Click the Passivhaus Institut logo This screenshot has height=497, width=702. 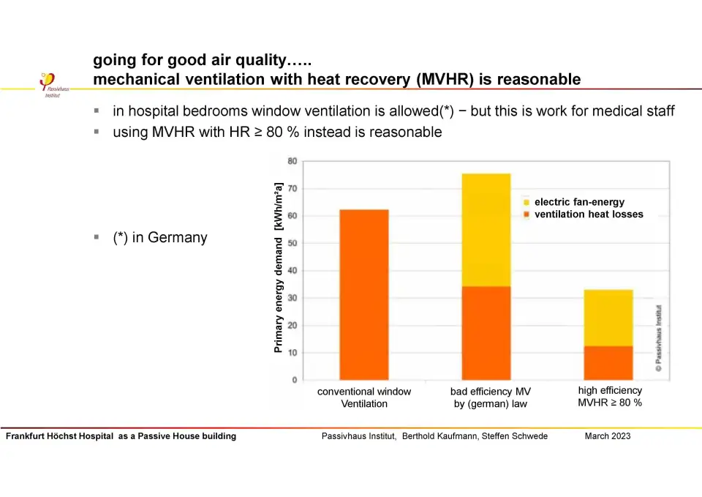51,84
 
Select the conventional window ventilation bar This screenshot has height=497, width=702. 364,294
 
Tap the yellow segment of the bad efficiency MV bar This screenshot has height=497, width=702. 486,230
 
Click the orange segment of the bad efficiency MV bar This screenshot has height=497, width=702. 486,333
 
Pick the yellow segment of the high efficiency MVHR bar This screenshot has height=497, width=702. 608,318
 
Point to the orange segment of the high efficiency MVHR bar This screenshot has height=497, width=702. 608,363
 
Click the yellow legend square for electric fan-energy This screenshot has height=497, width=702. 526,202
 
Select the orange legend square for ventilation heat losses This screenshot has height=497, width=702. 526,214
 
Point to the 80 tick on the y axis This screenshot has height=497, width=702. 292,161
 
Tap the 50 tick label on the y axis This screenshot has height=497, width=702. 292,243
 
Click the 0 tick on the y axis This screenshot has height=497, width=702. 295,380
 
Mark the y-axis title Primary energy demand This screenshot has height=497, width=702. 279,267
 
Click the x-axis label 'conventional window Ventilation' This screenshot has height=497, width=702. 364,397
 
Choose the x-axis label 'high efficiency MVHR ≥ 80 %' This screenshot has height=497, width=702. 610,397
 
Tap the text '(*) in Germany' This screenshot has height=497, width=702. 159,238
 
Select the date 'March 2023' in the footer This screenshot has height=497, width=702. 608,436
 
